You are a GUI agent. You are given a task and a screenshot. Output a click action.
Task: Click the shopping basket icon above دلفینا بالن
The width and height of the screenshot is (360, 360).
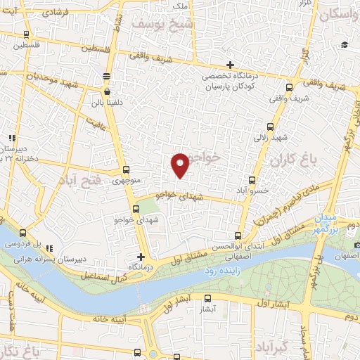click(106, 91)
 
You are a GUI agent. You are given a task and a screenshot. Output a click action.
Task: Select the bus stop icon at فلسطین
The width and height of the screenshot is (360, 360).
click(26, 34)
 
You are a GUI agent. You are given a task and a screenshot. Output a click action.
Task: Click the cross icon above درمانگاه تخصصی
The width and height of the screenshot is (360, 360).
click(230, 65)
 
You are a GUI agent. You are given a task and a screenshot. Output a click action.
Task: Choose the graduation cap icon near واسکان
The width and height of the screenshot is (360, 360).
click(345, 45)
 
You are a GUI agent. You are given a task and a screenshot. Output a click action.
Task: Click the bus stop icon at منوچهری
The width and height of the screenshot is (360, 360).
click(126, 169)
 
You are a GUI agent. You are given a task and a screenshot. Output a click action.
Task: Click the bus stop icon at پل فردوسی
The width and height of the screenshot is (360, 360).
click(23, 233)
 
